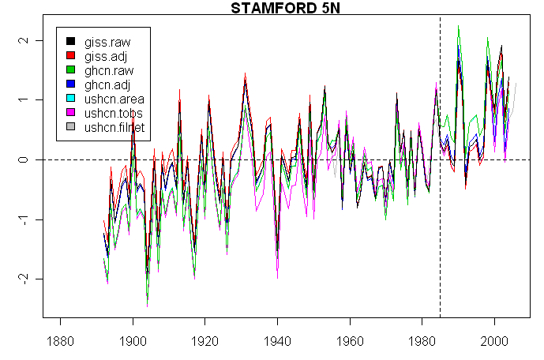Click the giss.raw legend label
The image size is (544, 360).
click(107, 41)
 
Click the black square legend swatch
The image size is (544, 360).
click(70, 41)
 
